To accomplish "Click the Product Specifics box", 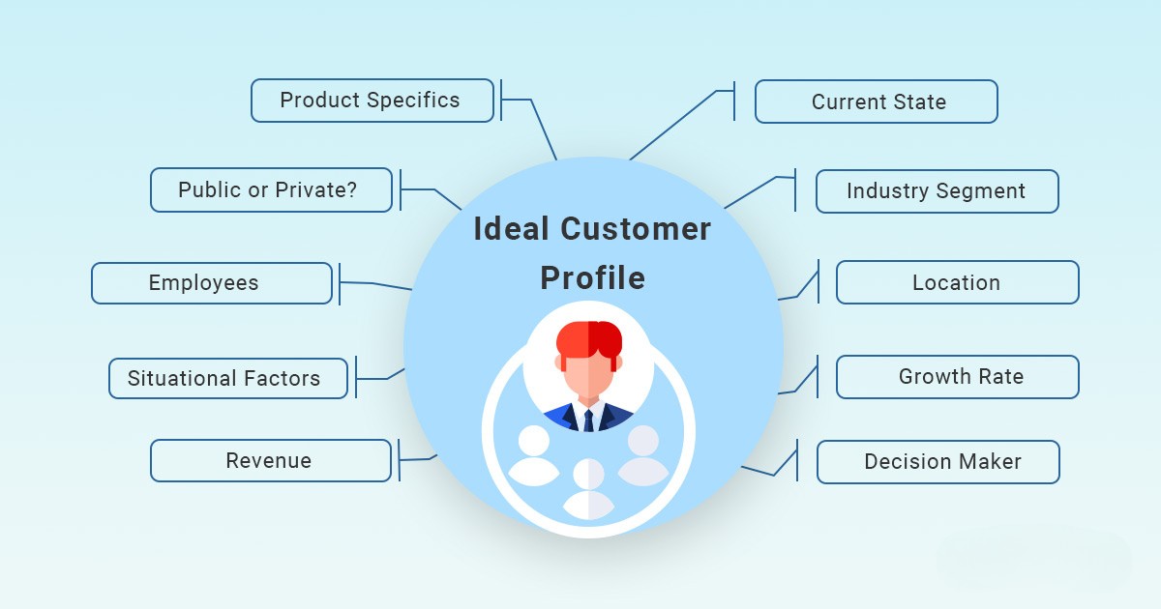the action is coord(372,101).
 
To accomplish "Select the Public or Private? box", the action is coord(272,190).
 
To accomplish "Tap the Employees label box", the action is coord(212,283).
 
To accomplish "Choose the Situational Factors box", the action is coord(228,379).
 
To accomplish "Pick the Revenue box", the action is coord(271,461).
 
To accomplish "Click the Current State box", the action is coord(877,101).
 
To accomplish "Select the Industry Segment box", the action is coord(938,191).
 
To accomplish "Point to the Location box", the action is coord(958,282).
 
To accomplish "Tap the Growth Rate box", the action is coord(958,377).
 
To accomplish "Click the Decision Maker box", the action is coord(938,462).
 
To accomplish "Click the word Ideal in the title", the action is coord(511,228).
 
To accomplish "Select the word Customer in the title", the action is coord(636,229).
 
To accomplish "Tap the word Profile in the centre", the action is coord(592,277).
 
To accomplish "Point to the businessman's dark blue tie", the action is coord(588,420).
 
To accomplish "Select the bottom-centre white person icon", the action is coord(588,489).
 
